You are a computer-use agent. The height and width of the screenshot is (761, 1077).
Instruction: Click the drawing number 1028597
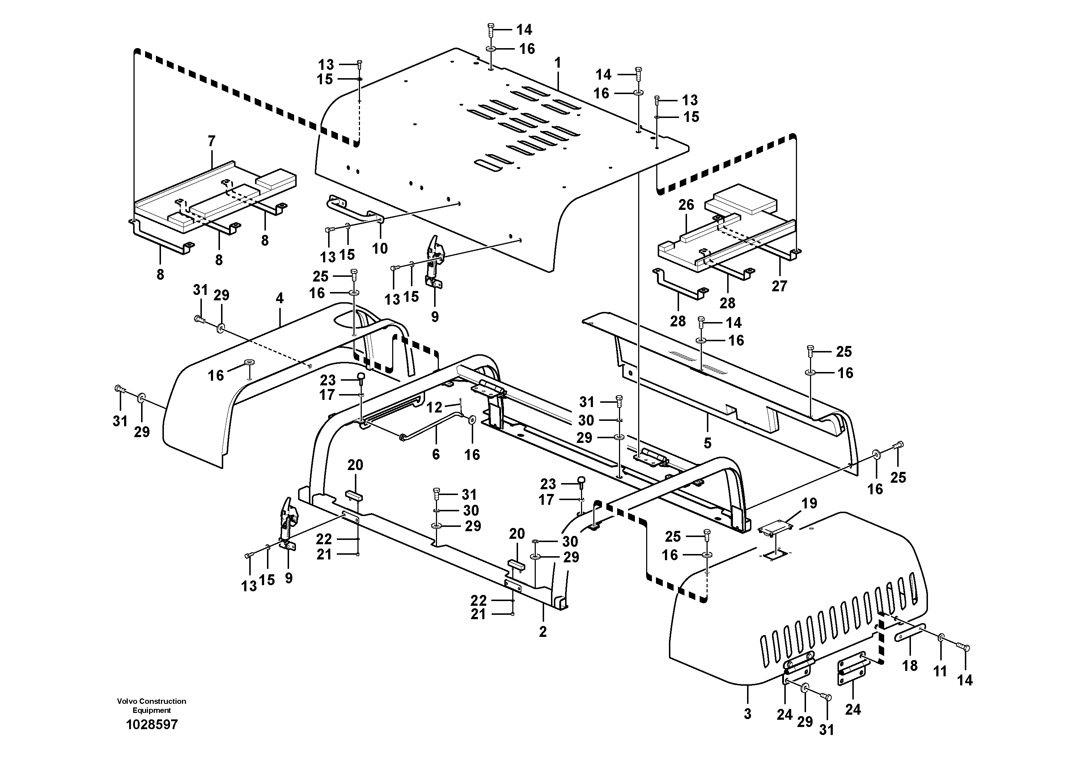click(x=152, y=725)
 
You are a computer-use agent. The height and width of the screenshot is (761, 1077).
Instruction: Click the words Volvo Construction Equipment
click(x=152, y=706)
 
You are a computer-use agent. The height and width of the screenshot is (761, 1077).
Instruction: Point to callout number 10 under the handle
click(x=380, y=249)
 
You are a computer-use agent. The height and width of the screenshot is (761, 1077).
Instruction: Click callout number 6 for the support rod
click(x=436, y=454)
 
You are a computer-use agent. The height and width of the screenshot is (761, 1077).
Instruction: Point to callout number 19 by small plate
click(x=809, y=503)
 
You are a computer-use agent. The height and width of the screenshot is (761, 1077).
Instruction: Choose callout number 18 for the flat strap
click(x=909, y=665)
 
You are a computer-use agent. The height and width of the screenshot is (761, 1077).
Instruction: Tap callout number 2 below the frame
click(x=543, y=631)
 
